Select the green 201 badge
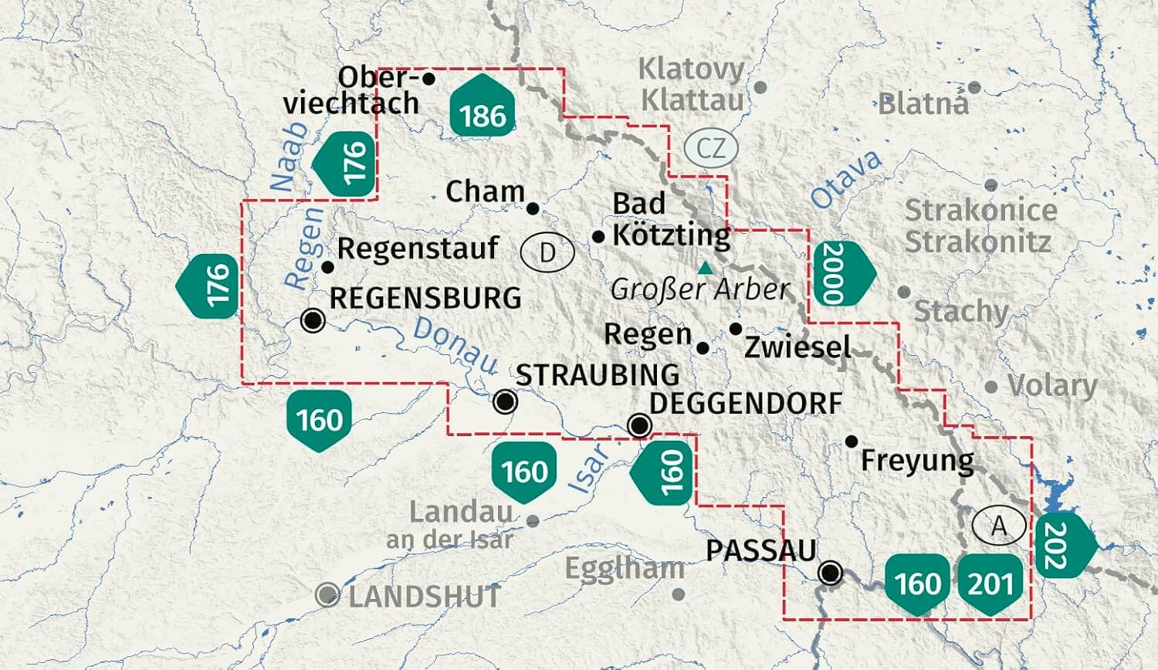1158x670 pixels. [x=990, y=583]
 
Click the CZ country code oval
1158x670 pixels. [x=710, y=147]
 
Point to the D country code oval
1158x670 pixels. [x=547, y=252]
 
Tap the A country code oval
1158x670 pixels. [x=999, y=526]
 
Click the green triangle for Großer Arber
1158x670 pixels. [x=704, y=269]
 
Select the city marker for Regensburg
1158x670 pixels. [x=313, y=320]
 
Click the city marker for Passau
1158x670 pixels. [x=831, y=573]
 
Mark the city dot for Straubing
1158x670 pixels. [x=506, y=401]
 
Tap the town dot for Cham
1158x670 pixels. [x=533, y=208]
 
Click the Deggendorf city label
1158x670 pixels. [x=746, y=403]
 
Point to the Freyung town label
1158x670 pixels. [x=917, y=462]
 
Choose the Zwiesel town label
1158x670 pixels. [x=797, y=347]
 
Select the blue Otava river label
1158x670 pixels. [x=846, y=179]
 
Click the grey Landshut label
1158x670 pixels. [x=424, y=597]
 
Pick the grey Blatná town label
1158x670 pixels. [x=923, y=103]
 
